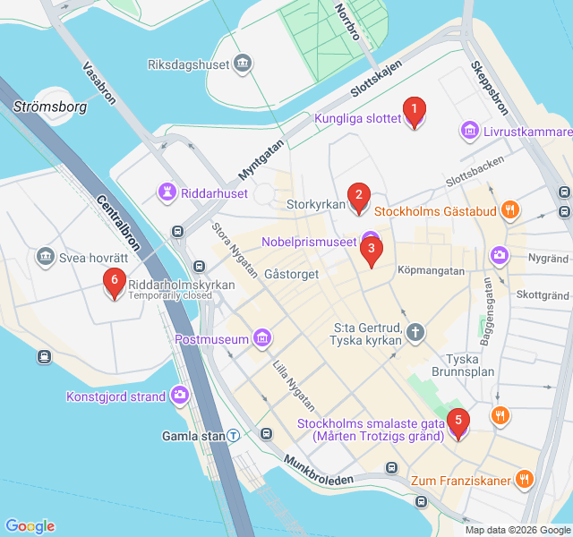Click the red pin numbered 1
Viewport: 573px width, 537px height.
[x=414, y=112]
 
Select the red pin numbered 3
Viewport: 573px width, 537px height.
[x=371, y=251]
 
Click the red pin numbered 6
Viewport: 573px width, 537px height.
[x=113, y=282]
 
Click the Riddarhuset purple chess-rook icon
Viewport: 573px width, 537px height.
[x=167, y=191]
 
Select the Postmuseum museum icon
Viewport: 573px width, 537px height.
[x=262, y=338]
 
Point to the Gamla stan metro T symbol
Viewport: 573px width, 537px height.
[x=233, y=436]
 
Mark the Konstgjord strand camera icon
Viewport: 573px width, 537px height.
[x=181, y=396]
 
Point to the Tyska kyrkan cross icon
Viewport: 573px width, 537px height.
[x=415, y=333]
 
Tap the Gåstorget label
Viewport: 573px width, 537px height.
[x=292, y=274]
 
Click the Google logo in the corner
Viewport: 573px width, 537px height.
[x=30, y=526]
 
